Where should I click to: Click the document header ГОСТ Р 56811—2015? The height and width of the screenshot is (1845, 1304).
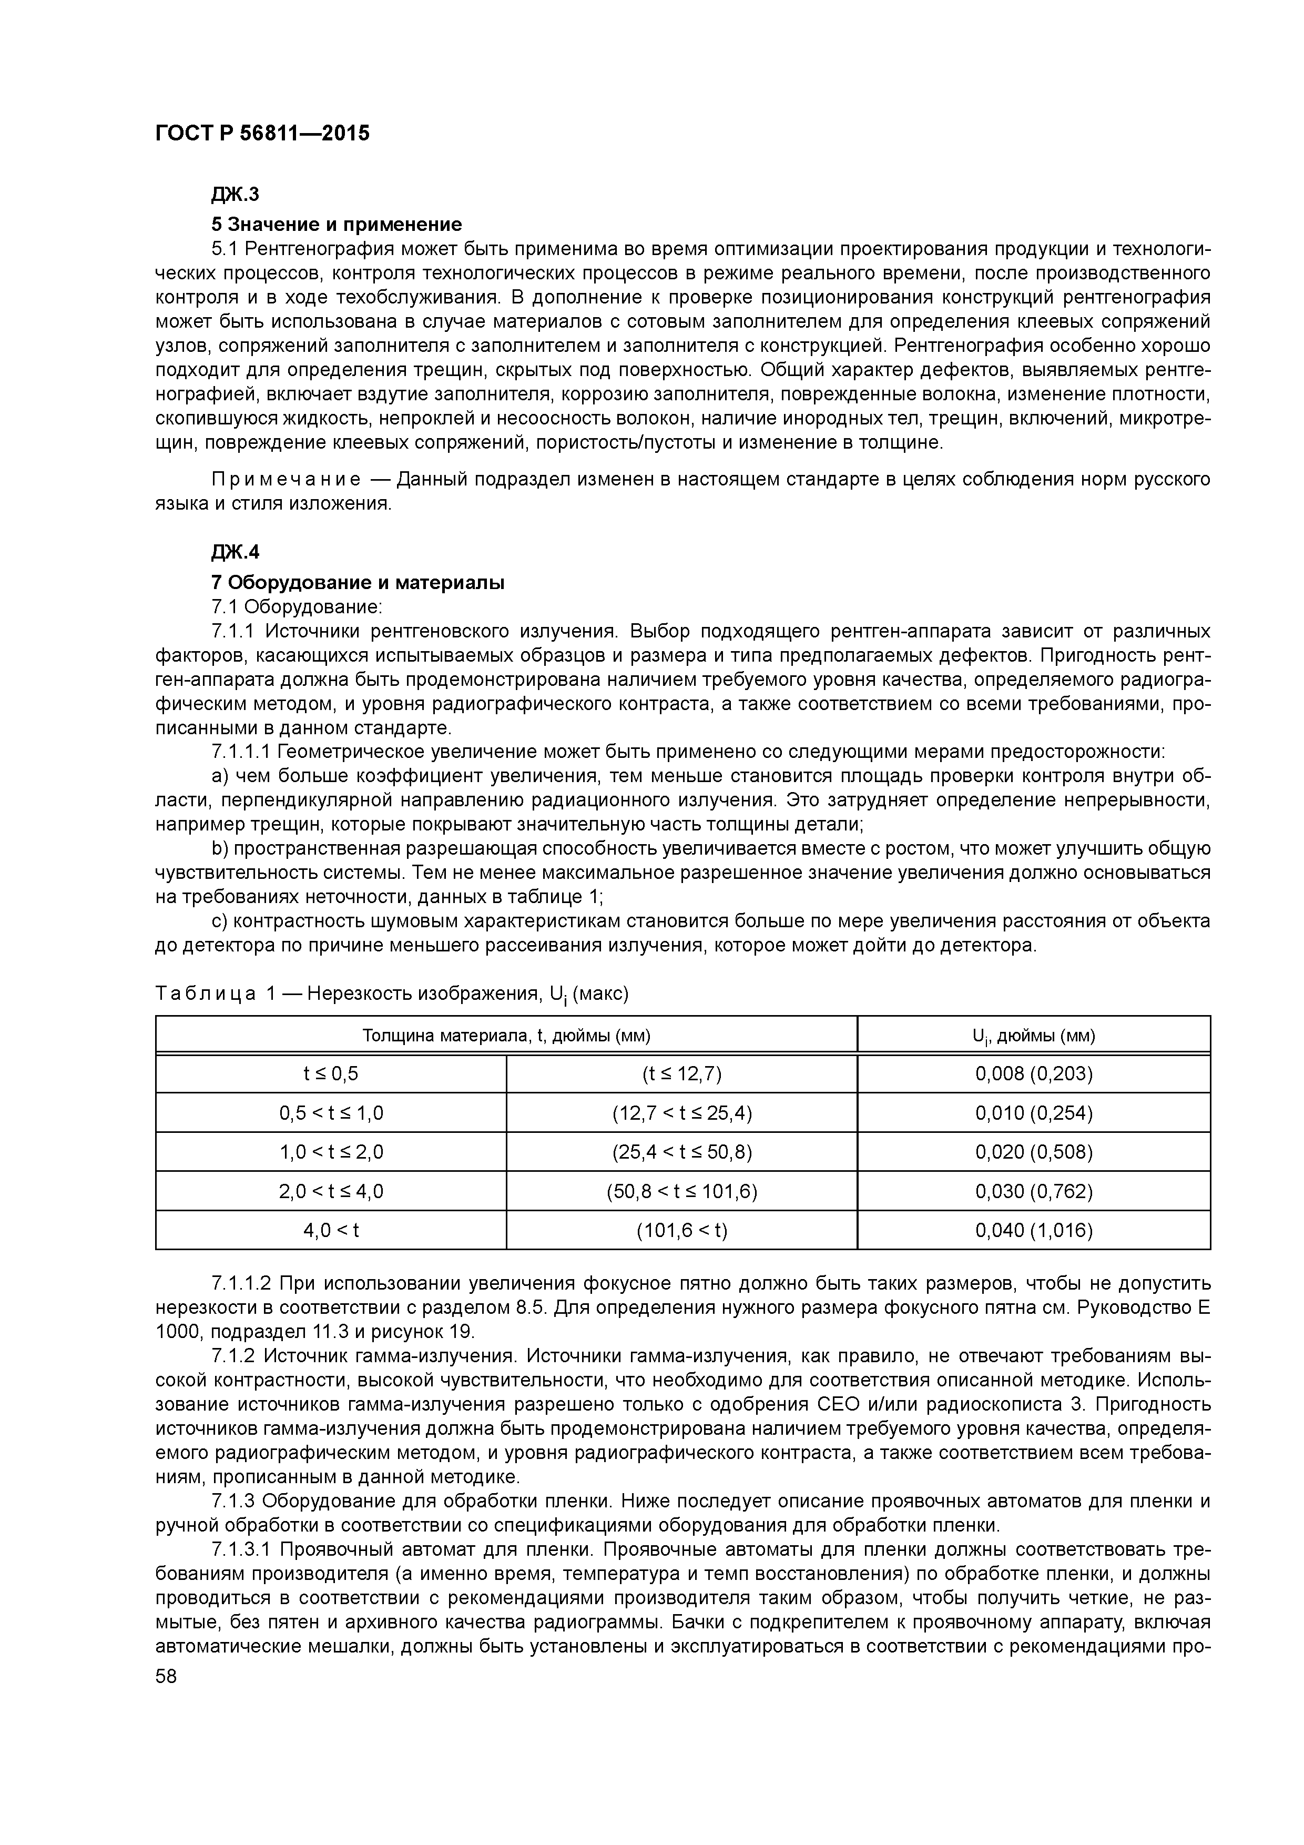click(x=262, y=134)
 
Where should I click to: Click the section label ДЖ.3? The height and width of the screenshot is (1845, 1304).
click(x=236, y=195)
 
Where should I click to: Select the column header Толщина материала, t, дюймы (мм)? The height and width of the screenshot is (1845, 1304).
click(x=506, y=1036)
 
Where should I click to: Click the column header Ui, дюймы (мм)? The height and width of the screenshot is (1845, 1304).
click(x=1033, y=1036)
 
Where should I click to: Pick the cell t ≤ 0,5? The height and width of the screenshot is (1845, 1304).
click(x=331, y=1073)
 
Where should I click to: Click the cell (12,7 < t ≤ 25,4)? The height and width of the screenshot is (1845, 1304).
click(x=681, y=1113)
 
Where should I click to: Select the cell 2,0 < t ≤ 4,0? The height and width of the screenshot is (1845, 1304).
click(x=331, y=1191)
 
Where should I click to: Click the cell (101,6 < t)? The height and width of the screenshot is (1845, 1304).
click(x=681, y=1230)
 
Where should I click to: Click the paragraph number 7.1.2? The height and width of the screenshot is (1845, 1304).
click(x=233, y=1356)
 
